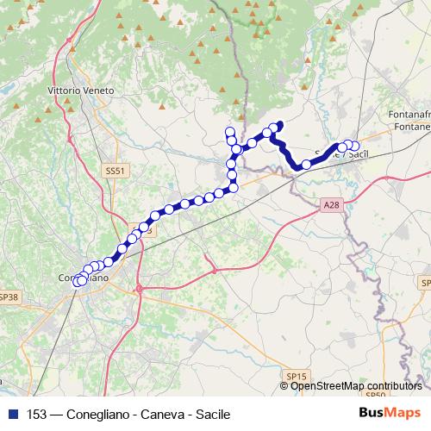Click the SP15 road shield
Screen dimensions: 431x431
click(x=297, y=377)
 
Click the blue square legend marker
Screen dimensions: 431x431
click(x=13, y=414)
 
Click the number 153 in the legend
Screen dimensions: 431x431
click(x=37, y=414)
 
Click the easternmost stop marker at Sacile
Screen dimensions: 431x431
click(x=354, y=147)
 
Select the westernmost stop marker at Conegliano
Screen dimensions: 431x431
click(x=77, y=281)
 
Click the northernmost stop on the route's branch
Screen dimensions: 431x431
click(x=230, y=131)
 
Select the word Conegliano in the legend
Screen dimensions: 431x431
click(x=99, y=414)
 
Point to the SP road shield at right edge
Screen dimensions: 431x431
click(x=426, y=283)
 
